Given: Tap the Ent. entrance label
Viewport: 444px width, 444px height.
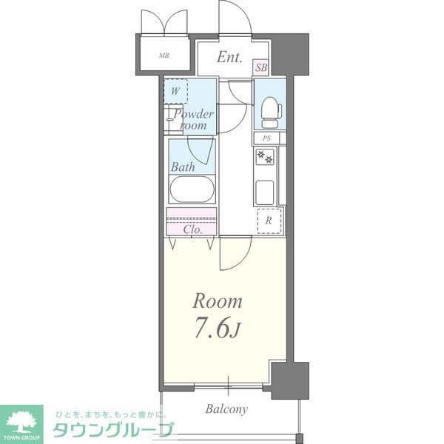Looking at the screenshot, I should pos(229,57).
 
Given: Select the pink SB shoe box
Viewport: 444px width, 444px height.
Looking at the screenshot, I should pos(260,67).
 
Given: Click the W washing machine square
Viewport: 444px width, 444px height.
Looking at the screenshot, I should pos(175,91).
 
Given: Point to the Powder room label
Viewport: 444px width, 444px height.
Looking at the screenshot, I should pos(194,120).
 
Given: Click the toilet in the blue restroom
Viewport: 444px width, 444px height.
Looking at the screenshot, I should pos(270,110).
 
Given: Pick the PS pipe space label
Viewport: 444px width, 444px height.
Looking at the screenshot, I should pos(266,139).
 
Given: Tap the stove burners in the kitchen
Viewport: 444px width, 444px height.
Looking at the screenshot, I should pos(265,157).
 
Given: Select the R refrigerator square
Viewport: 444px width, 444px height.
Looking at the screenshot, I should pos(269,221).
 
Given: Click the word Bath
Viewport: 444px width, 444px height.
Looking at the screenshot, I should pos(184,167).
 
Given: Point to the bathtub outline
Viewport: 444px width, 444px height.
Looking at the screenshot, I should pos(192,190).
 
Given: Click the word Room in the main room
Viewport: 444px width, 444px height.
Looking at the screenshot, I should pos(218,301).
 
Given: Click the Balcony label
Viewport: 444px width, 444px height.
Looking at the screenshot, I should pos(226,409).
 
